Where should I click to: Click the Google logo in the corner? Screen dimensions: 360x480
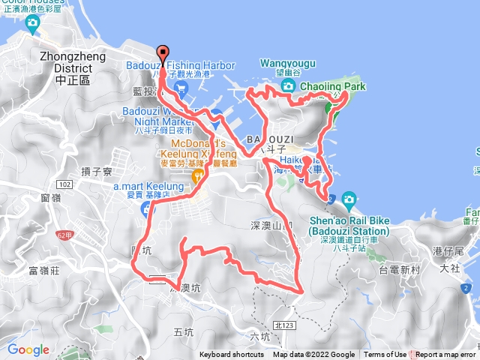point(28,349)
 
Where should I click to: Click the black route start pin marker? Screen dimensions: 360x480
point(163,53)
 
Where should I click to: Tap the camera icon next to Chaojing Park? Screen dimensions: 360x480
point(288,88)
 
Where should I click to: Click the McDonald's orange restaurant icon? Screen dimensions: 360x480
point(198,177)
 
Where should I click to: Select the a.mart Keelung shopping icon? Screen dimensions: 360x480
point(147,211)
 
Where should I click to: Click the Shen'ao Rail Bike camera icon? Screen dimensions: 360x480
point(348,199)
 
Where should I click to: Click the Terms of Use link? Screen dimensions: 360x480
point(385,355)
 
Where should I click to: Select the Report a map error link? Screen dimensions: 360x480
point(445,355)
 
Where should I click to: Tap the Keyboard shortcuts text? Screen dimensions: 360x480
point(231,355)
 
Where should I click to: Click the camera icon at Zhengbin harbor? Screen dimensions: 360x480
point(32,25)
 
